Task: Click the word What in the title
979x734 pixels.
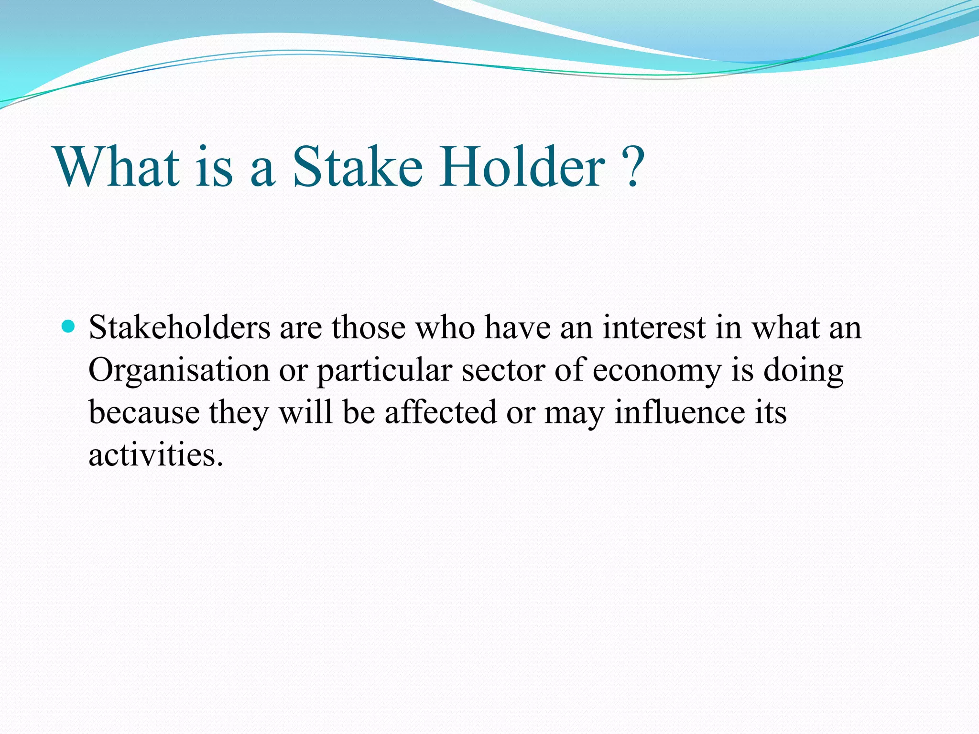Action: pos(118,167)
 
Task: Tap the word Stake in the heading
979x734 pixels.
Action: pos(358,167)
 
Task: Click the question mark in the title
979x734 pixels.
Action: pos(632,167)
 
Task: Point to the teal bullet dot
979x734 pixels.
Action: pos(69,327)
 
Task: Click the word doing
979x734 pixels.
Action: pos(803,371)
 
